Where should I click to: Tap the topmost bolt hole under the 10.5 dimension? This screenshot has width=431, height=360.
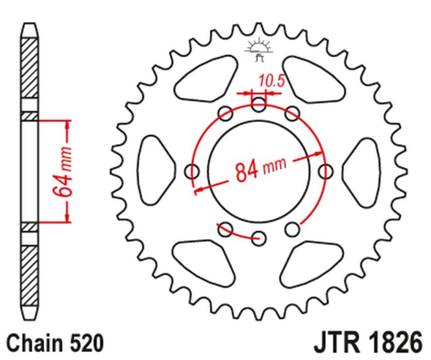coord(259,105)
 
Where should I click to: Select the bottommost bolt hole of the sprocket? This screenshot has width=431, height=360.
coord(259,238)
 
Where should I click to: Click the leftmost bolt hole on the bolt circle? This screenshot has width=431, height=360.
coord(192,171)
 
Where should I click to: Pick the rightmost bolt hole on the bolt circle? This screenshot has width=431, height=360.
coord(325,171)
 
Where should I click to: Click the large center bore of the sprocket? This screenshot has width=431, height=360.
coord(259,171)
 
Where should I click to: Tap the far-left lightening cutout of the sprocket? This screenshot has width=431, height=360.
coord(156,171)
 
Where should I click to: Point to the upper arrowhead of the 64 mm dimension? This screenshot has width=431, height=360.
coord(67,125)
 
